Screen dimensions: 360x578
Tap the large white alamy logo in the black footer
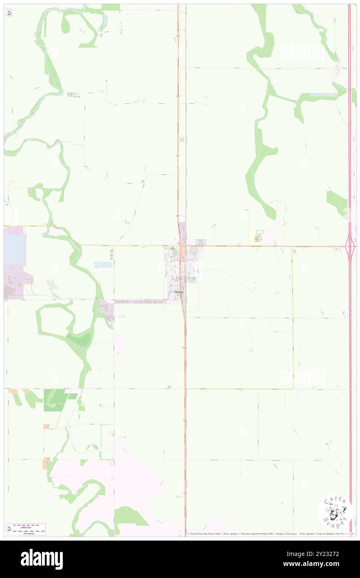tap(42, 559)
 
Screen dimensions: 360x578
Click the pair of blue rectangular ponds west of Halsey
tap(103, 264)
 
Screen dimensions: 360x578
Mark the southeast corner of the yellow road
tap(293, 388)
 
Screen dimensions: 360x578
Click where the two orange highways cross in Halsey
tap(180, 246)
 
